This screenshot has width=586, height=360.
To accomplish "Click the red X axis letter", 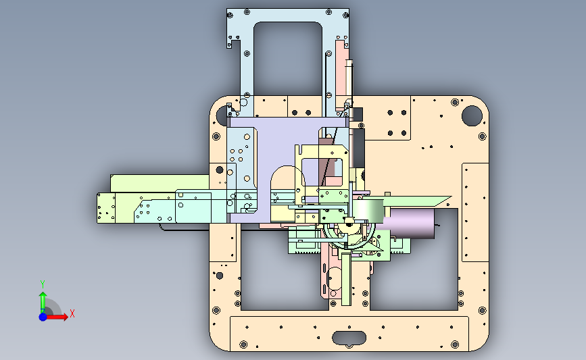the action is point(72,313).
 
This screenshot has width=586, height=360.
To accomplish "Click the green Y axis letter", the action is point(43,284).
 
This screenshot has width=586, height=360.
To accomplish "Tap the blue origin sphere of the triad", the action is point(43,317).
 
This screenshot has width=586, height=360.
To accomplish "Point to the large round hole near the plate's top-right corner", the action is point(472,115).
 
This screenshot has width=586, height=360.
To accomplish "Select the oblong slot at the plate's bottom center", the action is point(349,338).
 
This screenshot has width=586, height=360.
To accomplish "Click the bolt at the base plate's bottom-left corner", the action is point(243,344).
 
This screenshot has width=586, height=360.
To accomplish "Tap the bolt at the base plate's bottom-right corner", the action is point(455,344).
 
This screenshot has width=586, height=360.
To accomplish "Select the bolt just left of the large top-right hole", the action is point(455,102).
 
